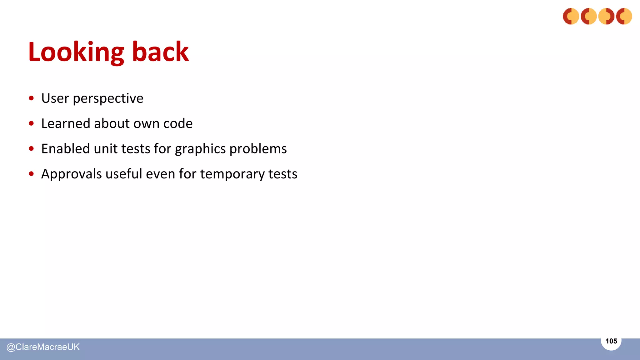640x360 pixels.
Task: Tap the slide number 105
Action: click(x=611, y=341)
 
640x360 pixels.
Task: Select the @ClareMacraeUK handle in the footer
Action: click(x=43, y=347)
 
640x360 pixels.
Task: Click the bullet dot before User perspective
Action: click(x=31, y=98)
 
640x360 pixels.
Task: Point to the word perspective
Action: click(x=108, y=99)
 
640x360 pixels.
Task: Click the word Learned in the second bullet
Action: click(x=66, y=123)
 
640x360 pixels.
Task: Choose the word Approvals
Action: click(x=71, y=174)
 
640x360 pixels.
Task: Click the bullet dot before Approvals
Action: click(x=31, y=174)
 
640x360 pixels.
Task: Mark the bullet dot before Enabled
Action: click(x=31, y=149)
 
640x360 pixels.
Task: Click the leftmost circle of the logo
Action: click(x=571, y=16)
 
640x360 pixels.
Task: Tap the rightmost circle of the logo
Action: click(x=624, y=16)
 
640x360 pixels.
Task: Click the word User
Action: click(x=55, y=98)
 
